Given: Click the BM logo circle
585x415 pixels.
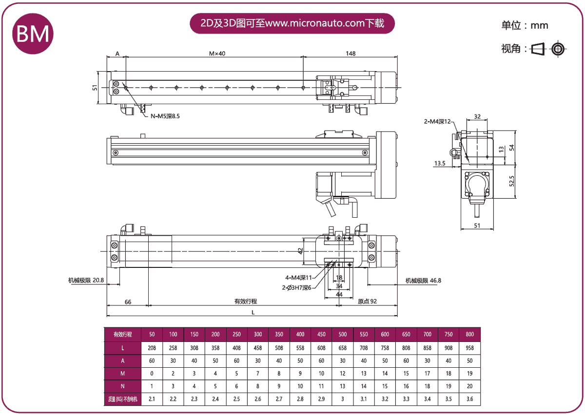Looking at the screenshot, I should (x=33, y=33).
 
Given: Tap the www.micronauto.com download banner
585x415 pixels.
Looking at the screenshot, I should (x=292, y=23).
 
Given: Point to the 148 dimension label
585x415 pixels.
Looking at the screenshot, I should (x=350, y=53).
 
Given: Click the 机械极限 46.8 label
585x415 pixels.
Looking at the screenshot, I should (x=423, y=281).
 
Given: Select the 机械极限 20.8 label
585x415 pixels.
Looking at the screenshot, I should (x=86, y=280).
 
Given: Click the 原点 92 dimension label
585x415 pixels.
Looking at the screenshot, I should (x=367, y=302).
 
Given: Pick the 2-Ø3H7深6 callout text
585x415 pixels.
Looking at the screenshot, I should (x=296, y=287).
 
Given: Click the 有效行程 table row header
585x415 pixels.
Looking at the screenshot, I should (x=123, y=334).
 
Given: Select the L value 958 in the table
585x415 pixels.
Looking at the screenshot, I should (x=469, y=348).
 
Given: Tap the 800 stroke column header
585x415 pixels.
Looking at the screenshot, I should (x=469, y=334).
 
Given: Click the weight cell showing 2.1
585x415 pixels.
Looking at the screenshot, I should (x=152, y=399).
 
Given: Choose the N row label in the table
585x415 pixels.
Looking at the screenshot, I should (x=123, y=386).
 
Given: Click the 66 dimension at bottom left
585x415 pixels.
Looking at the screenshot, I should (x=128, y=302).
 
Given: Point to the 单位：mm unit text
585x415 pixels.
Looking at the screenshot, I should (x=525, y=25).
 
